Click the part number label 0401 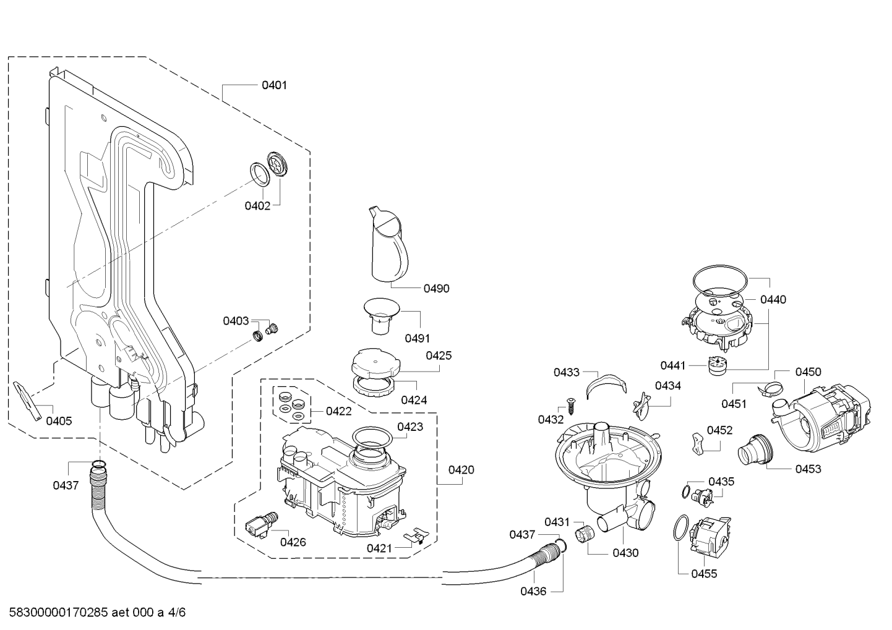(x=274, y=85)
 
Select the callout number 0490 (x=437, y=289)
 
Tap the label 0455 (x=704, y=574)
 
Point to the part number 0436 (x=533, y=592)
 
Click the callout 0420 (x=461, y=470)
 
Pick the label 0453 (x=808, y=469)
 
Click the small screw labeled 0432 (x=571, y=406)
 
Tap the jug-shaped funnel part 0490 (x=387, y=244)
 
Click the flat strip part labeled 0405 (x=27, y=401)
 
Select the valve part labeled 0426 (x=261, y=525)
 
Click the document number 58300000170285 (x=58, y=613)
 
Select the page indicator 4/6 (x=177, y=613)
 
